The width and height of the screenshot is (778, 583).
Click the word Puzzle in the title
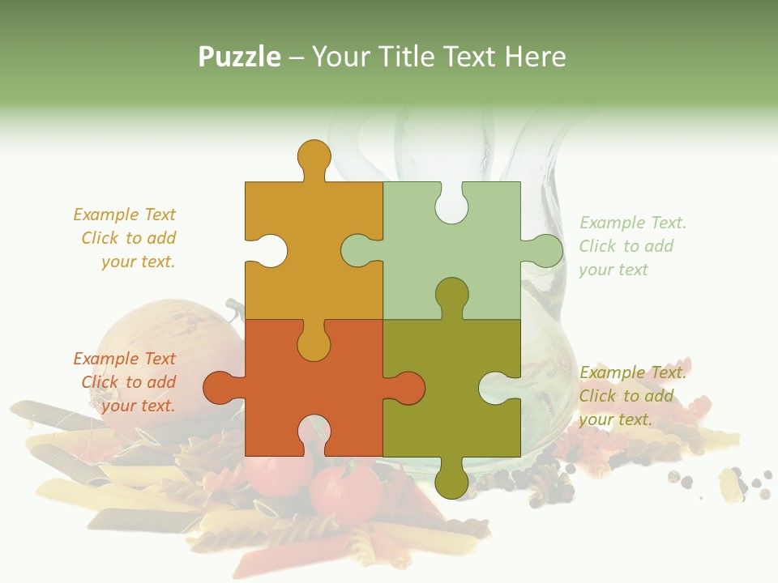239,57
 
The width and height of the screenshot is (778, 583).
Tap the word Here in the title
534,57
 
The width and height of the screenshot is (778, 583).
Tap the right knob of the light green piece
545,250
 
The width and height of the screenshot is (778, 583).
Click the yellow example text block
126,238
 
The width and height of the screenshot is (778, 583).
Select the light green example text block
632,246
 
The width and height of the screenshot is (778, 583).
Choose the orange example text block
126,382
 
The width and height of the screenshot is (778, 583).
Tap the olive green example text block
632,396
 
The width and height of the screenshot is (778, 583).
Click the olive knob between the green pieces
451,296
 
